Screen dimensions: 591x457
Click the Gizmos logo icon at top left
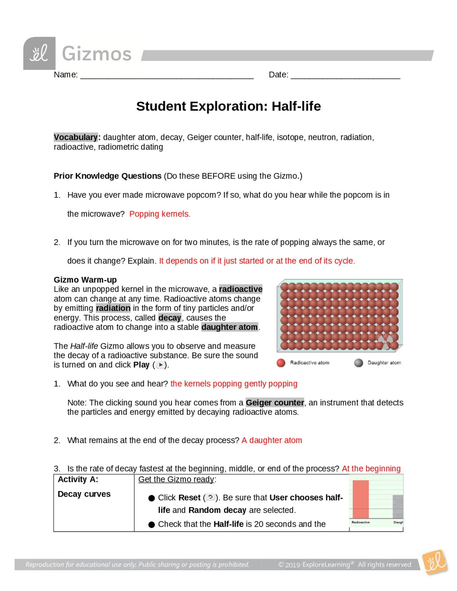39,53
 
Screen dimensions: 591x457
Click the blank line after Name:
167,76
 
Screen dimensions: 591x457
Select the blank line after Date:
345,76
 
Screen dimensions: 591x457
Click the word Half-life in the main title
296,106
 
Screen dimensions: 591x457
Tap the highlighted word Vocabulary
76,137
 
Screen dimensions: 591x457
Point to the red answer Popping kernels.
160,214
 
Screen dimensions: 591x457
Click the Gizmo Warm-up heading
85,280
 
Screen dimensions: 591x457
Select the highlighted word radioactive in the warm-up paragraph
241,289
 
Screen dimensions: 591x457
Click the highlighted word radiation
113,308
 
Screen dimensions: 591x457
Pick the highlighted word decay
170,318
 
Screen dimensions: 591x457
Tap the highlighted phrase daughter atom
230,327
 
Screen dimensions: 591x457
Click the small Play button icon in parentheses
161,365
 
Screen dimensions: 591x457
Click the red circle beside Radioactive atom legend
281,363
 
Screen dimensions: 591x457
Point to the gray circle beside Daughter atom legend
358,363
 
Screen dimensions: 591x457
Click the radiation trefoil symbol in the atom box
385,342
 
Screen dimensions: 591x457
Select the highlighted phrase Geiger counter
275,403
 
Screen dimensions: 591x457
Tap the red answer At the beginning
371,469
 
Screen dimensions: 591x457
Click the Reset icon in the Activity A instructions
210,497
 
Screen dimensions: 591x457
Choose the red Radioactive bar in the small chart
361,499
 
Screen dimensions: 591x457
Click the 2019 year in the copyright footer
293,565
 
